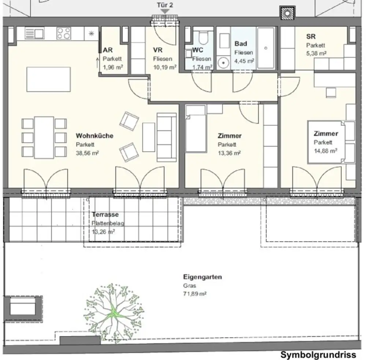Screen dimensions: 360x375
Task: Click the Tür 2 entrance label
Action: pyautogui.click(x=165, y=5)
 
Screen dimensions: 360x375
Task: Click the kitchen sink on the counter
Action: pyautogui.click(x=34, y=34)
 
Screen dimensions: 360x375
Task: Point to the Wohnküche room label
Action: pyautogui.click(x=94, y=136)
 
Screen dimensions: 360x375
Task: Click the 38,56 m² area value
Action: pyautogui.click(x=87, y=153)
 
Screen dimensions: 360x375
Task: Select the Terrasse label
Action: pyautogui.click(x=105, y=215)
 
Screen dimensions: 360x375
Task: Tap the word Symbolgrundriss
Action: pyautogui.click(x=318, y=355)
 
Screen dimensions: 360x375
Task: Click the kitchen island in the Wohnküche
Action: pyautogui.click(x=48, y=79)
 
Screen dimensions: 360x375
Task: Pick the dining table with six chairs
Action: pyautogui.click(x=44, y=137)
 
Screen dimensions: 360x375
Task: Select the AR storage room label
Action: pyautogui.click(x=108, y=51)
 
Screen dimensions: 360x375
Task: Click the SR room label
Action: pyautogui.click(x=311, y=37)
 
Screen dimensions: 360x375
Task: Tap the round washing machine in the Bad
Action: pyautogui.click(x=223, y=63)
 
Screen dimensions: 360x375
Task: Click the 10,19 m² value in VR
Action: pyautogui.click(x=165, y=67)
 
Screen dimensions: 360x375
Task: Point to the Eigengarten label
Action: pyautogui.click(x=203, y=277)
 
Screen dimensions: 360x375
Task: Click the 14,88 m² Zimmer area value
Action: pyautogui.click(x=325, y=151)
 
